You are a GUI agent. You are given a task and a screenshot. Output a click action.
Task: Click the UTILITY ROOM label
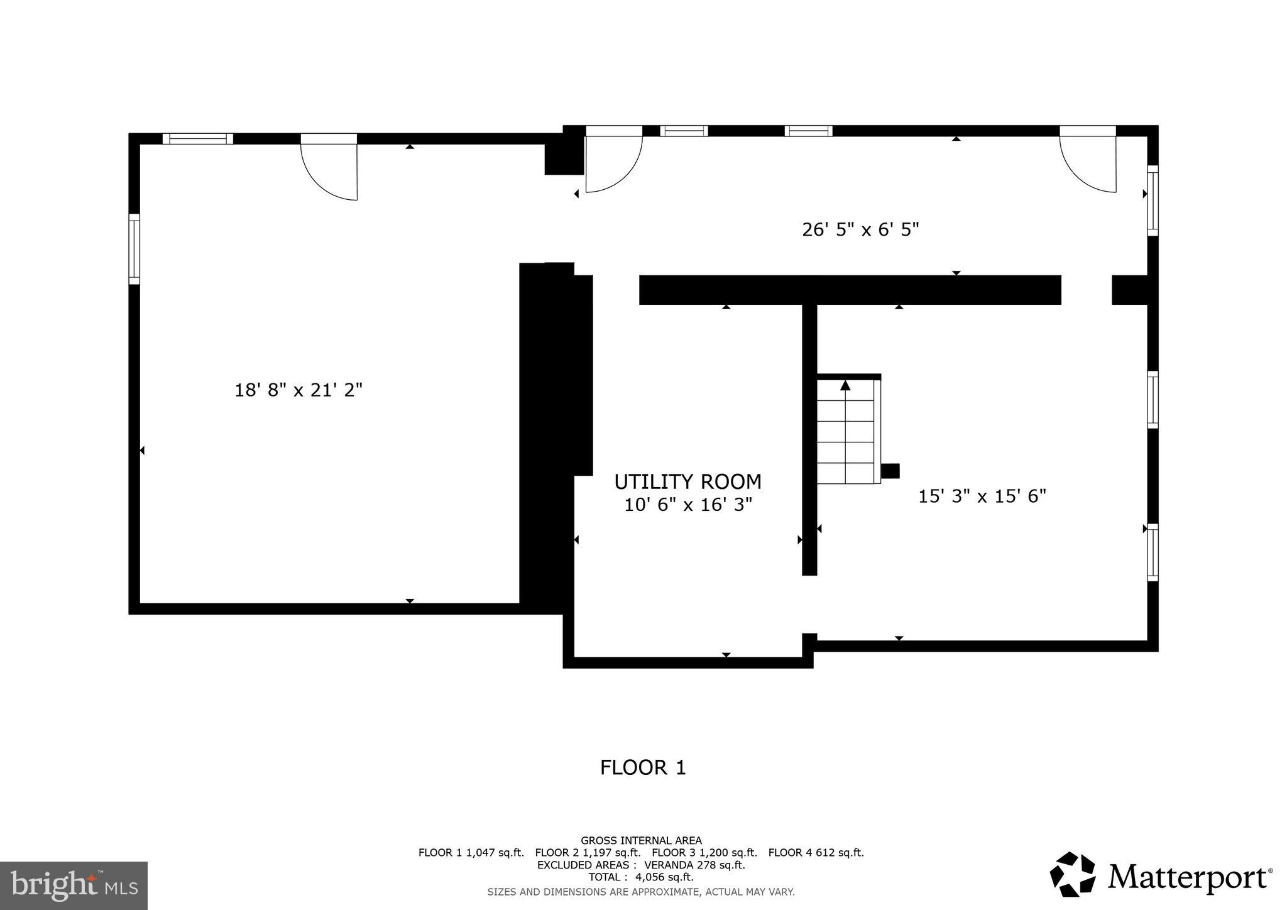pos(687,481)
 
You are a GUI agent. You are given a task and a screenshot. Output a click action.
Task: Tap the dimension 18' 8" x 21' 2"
pos(298,390)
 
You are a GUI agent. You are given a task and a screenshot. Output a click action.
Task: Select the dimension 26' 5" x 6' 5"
pos(860,229)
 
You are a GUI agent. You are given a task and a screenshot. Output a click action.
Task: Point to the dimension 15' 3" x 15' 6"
pos(982,496)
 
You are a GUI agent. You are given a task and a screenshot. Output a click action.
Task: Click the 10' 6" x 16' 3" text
pos(687,505)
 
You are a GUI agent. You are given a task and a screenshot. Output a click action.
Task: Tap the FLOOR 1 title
pos(642,767)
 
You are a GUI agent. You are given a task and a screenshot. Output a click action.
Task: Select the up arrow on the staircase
pos(845,385)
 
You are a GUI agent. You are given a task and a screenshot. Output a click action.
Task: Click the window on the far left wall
pos(134,248)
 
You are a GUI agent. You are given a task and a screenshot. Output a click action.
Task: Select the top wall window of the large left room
pos(198,139)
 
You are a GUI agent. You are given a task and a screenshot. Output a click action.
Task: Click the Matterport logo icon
pos(1072,874)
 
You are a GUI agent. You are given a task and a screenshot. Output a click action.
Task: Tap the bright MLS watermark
pos(74,885)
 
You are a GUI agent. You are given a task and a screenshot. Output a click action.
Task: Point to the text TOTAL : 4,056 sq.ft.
pos(641,877)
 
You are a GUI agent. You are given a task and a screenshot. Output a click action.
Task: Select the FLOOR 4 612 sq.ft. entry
pos(816,853)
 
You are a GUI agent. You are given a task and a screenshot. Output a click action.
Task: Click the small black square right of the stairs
pos(890,471)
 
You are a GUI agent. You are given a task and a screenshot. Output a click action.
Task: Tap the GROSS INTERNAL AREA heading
pos(641,840)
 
